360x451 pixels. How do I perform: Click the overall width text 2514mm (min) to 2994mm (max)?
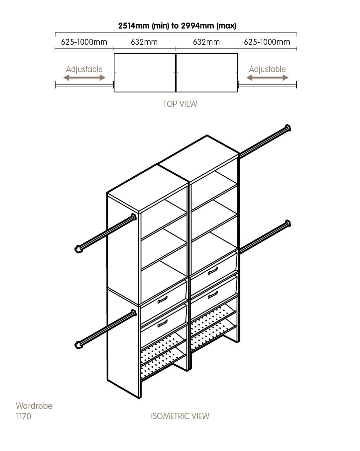click(x=177, y=26)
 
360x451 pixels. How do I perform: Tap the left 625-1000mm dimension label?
click(x=84, y=42)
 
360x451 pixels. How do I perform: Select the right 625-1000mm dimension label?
click(x=267, y=42)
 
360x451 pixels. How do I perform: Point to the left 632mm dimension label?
click(x=144, y=42)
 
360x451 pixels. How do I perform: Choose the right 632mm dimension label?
click(x=206, y=42)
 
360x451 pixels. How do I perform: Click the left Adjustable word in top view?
click(x=84, y=69)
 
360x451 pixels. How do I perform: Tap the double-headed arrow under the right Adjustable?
click(x=267, y=78)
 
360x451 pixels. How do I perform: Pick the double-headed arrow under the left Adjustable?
click(x=84, y=78)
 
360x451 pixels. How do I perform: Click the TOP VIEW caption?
click(x=180, y=104)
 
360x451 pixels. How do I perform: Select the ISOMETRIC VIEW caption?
click(x=180, y=416)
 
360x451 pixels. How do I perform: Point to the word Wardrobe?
click(x=34, y=406)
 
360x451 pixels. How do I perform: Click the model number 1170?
click(x=24, y=416)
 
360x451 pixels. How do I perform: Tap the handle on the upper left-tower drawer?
click(x=163, y=300)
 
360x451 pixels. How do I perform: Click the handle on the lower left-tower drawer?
click(x=163, y=323)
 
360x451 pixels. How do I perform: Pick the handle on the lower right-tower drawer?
click(x=212, y=295)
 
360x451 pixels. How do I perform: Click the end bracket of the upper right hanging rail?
click(x=288, y=128)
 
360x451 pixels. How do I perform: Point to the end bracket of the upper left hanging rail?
click(x=78, y=249)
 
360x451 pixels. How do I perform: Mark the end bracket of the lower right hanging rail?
click(x=288, y=223)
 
